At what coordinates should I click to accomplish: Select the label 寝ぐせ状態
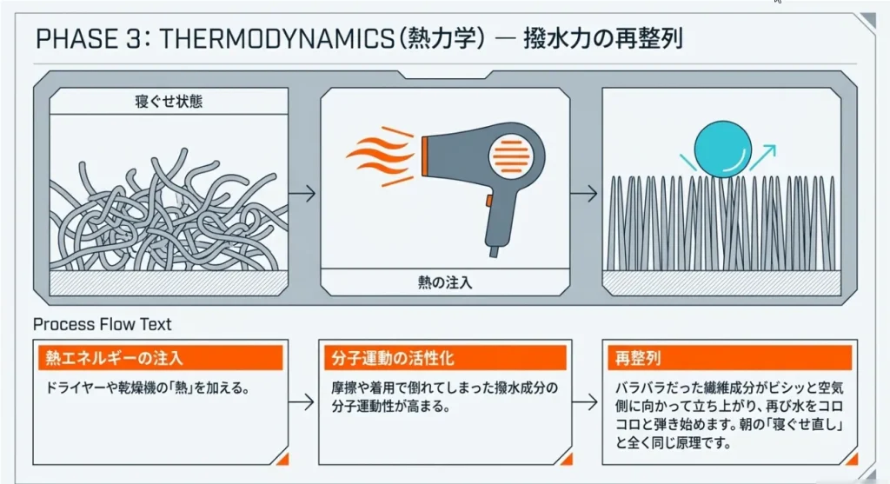point(169,102)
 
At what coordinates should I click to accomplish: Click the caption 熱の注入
point(444,281)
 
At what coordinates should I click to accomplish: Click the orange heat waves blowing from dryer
point(379,156)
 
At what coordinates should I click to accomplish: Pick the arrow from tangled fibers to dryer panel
point(302,192)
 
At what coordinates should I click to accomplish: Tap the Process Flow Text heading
point(102,324)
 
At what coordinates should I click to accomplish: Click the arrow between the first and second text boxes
point(302,402)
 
